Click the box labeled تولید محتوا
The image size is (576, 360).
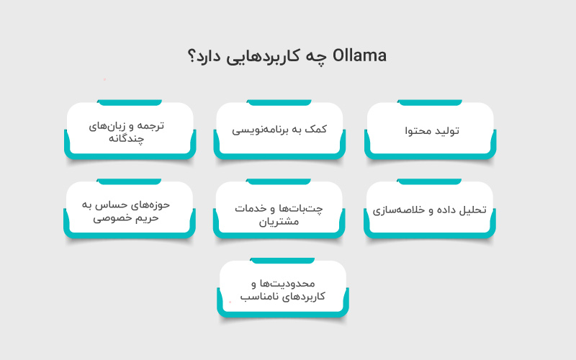pos(430,130)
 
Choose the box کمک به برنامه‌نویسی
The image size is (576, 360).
pos(279,130)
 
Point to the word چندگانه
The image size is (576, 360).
pos(130,138)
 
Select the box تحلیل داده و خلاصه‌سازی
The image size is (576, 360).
pos(430,210)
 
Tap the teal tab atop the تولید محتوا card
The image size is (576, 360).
pos(430,102)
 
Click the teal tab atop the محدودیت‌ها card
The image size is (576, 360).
pos(282,260)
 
